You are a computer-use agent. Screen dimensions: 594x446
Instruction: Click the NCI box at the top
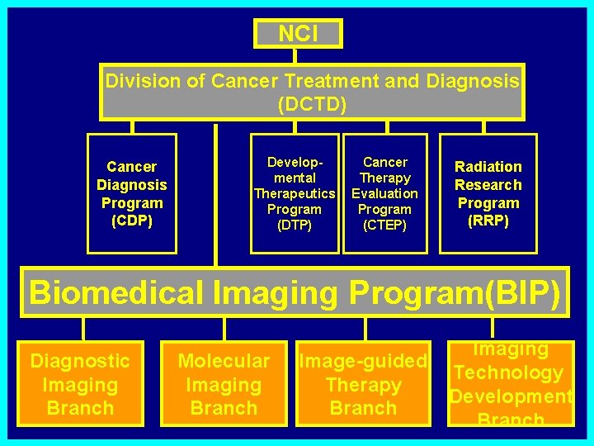point(298,33)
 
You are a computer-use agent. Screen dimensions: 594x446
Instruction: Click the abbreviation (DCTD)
point(312,105)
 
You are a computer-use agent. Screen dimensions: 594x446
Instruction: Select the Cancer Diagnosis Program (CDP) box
point(132,193)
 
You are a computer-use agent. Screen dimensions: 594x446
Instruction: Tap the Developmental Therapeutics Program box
point(295,193)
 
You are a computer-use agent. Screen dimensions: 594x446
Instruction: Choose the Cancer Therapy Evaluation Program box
point(385,193)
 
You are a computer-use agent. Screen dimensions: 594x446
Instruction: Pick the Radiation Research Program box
point(488,193)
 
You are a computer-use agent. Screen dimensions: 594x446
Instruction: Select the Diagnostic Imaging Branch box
point(80,384)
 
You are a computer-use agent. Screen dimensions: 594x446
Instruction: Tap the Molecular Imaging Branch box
point(224,384)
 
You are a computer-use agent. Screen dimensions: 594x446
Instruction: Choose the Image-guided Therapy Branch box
point(363,384)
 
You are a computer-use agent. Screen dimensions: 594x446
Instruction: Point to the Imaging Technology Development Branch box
point(510,384)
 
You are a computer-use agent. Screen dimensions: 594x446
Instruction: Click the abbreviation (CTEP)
point(385,225)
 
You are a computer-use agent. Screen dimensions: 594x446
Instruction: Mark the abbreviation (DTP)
point(295,225)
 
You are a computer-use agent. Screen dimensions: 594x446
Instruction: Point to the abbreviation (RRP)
point(488,221)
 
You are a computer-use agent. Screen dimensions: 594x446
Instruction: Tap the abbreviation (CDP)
point(132,221)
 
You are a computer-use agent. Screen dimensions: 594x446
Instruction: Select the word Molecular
point(224,361)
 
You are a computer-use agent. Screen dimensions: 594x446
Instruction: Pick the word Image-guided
point(363,361)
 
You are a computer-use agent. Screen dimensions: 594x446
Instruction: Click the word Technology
point(509,373)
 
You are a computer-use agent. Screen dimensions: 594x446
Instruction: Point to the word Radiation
point(488,167)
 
